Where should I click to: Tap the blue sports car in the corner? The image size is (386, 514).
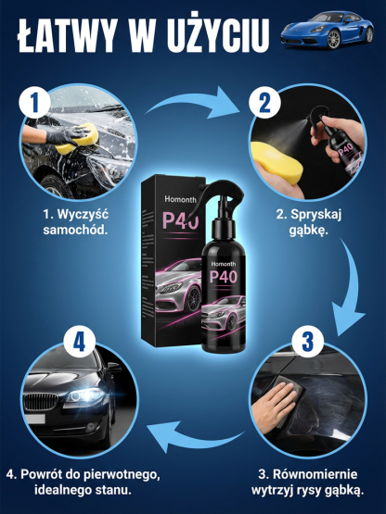click(x=335, y=29)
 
